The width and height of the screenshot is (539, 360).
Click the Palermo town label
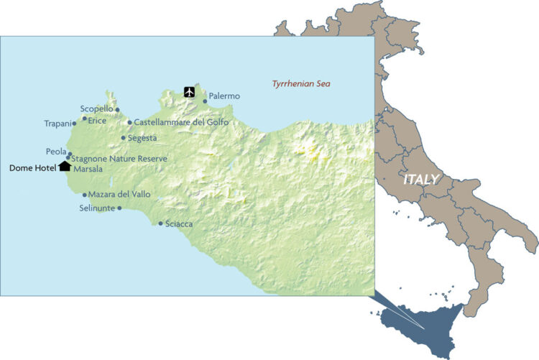pyautogui.click(x=224, y=96)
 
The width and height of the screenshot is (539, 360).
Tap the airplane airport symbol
pyautogui.click(x=189, y=91)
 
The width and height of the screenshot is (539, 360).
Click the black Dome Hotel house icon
pyautogui.click(x=65, y=166)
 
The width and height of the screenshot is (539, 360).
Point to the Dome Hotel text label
pyautogui.click(x=33, y=168)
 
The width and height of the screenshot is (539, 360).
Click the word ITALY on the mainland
pyautogui.click(x=421, y=180)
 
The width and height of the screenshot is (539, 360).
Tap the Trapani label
pyautogui.click(x=57, y=124)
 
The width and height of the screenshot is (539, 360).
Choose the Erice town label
pyautogui.click(x=97, y=121)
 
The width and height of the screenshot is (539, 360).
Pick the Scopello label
pyautogui.click(x=96, y=109)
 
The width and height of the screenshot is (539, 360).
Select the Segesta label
pyautogui.click(x=142, y=138)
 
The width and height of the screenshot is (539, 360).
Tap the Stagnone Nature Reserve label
pyautogui.click(x=119, y=159)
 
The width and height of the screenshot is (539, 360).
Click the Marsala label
pyautogui.click(x=88, y=170)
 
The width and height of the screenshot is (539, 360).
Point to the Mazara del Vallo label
pyautogui.click(x=119, y=194)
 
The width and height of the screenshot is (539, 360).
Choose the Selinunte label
pyautogui.click(x=96, y=208)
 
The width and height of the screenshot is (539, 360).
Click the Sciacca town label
pyautogui.click(x=179, y=224)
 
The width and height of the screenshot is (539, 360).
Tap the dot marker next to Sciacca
pyautogui.click(x=160, y=223)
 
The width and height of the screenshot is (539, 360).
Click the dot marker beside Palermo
pyautogui.click(x=205, y=101)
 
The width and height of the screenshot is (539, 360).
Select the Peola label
pyautogui.click(x=55, y=152)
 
